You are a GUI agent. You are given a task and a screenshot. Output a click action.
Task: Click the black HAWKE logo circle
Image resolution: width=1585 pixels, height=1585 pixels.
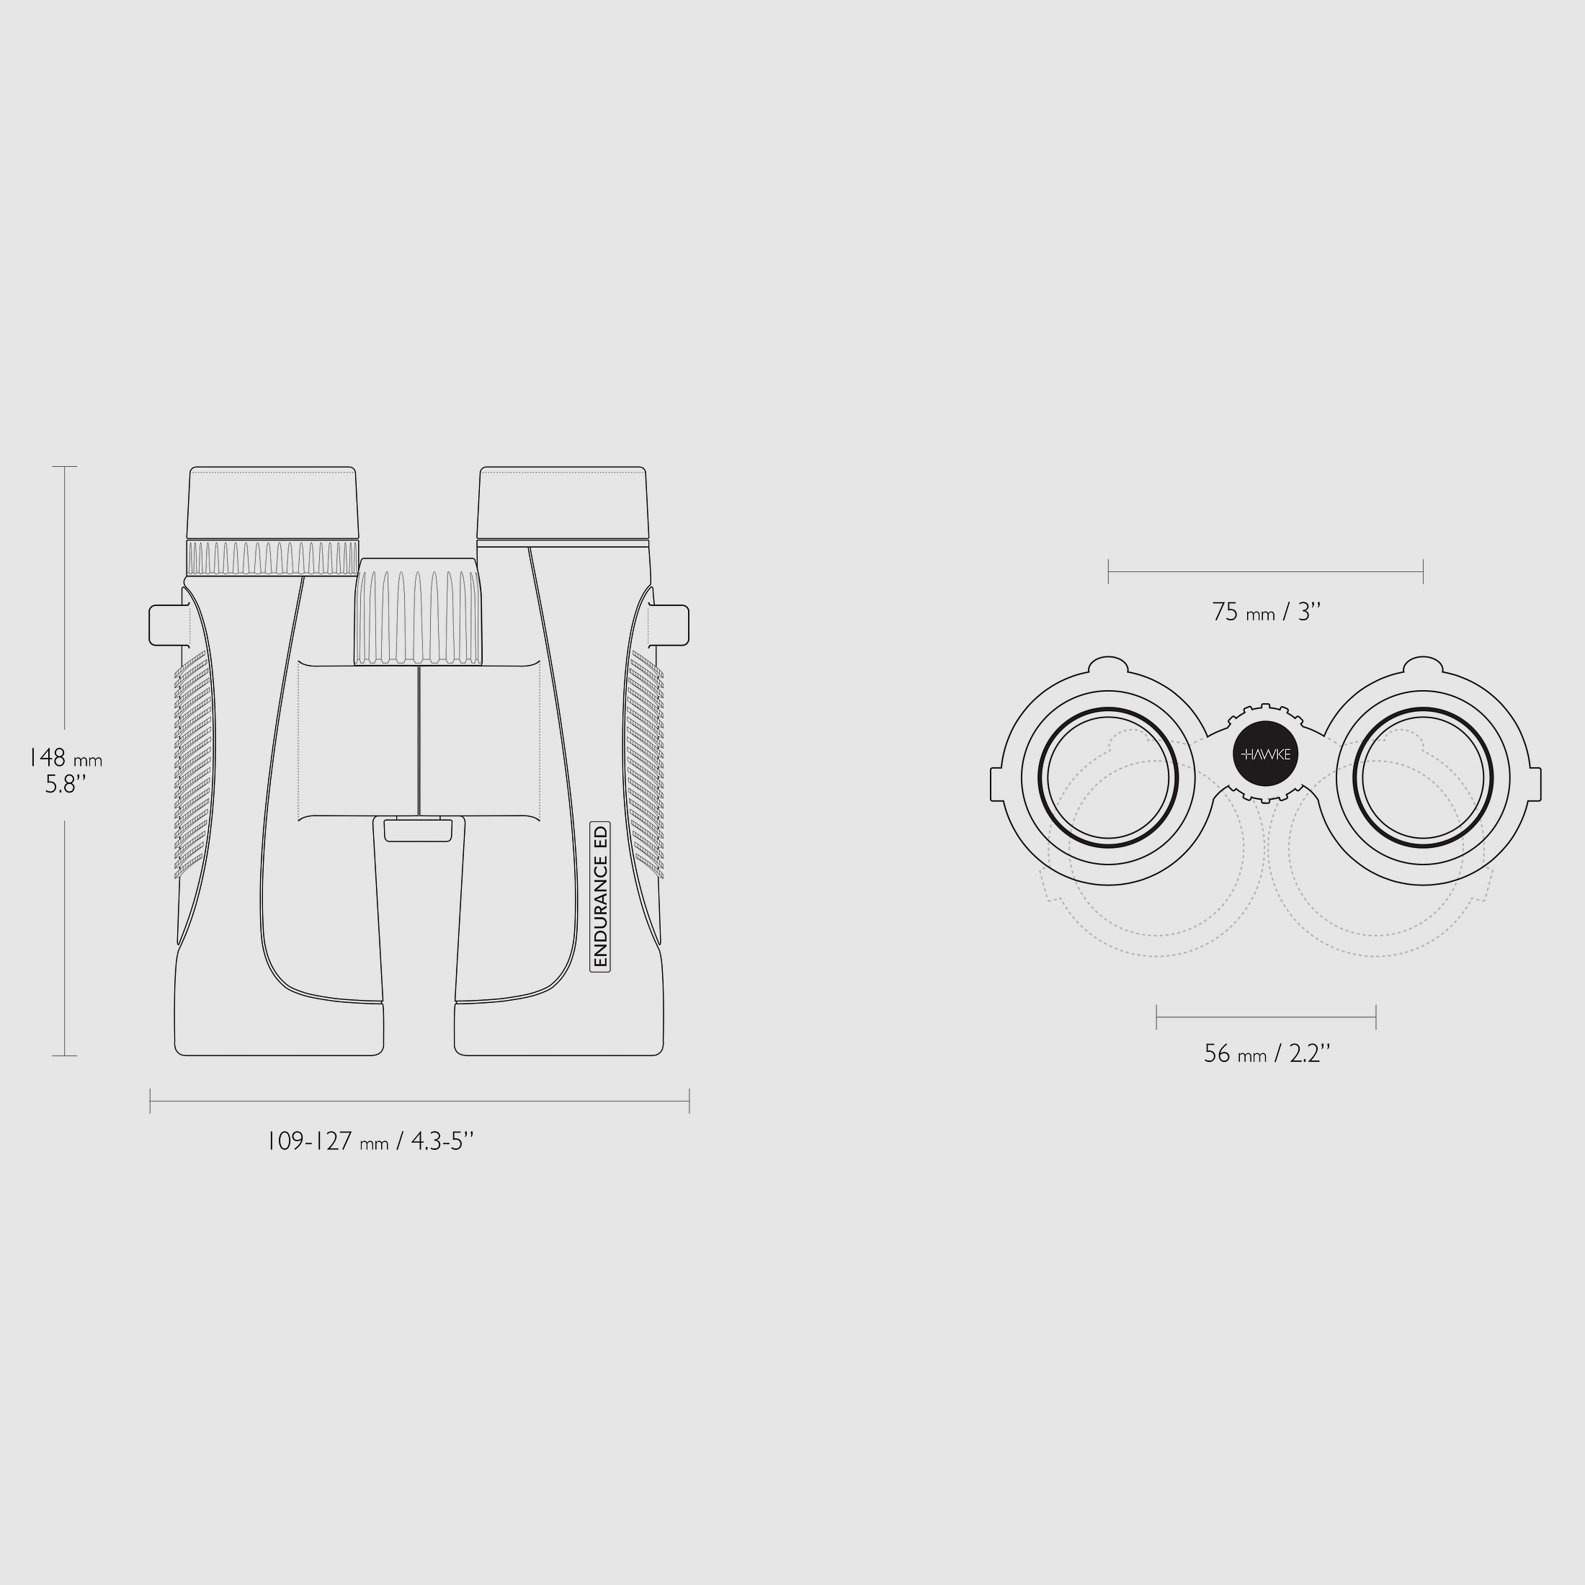(1265, 754)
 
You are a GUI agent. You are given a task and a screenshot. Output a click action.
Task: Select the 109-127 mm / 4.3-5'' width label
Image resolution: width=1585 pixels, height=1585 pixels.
(371, 1141)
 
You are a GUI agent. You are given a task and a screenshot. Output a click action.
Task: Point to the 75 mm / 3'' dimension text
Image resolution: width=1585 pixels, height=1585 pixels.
(1267, 612)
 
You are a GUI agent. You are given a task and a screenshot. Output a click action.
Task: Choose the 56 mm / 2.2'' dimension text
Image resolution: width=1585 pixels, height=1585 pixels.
(1267, 1053)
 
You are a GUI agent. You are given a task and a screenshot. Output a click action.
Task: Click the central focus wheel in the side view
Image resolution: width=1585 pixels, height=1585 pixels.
(419, 611)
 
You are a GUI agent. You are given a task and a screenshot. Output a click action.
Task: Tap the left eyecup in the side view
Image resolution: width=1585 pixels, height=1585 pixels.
(273, 503)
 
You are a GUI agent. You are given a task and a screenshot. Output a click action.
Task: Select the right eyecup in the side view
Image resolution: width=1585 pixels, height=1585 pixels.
(563, 503)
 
